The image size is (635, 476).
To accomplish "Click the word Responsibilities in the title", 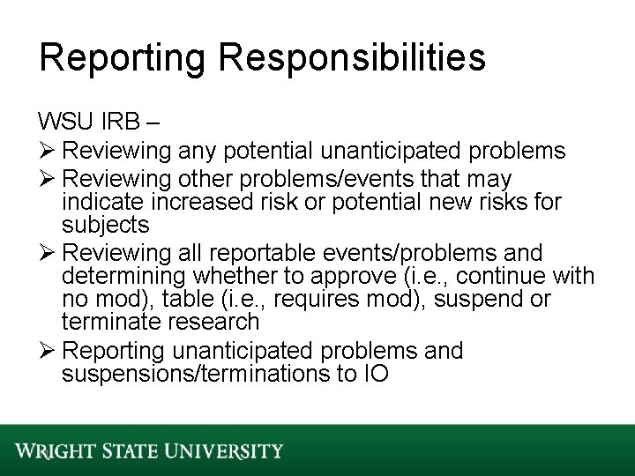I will tap(355, 58).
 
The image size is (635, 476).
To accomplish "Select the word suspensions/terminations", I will tap(199, 373).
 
